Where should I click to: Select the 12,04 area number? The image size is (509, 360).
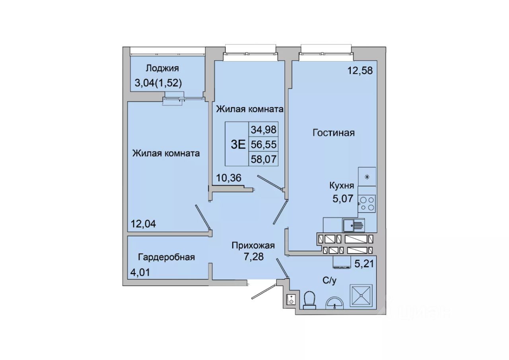coord(143,224)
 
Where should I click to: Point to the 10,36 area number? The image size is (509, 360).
coord(228,178)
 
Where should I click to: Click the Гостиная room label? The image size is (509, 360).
coord(333,133)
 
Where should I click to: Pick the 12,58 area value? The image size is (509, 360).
coord(360,71)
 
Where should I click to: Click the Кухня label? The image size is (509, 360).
coord(342,186)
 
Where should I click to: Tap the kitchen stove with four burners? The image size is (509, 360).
coord(367,203)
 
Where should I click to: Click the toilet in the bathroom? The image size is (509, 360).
coord(309,300)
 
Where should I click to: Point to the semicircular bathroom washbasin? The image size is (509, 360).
coord(335,303)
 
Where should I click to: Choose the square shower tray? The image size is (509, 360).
coord(361,296)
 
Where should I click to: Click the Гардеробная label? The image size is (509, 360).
coord(166,257)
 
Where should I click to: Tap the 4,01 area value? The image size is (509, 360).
coord(140,272)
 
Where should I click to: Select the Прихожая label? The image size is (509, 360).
coord(253,246)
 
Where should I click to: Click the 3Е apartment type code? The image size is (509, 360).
coord(238,144)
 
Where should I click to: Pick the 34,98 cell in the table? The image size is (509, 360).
coord(264,130)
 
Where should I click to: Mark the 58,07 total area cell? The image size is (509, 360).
coord(264,159)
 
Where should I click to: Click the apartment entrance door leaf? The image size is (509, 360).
coord(264,292)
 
